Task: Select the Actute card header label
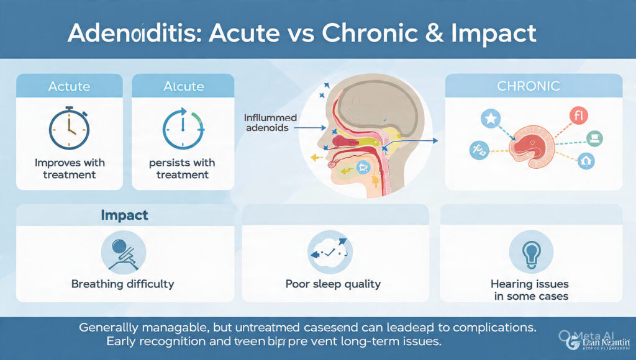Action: (x=70, y=86)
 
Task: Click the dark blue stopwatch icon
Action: (x=69, y=129)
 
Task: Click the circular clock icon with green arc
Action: (x=183, y=129)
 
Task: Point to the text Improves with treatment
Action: (x=70, y=169)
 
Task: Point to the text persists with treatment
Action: (x=183, y=169)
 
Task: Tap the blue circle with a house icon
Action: (x=586, y=161)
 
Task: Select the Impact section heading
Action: (x=124, y=215)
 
